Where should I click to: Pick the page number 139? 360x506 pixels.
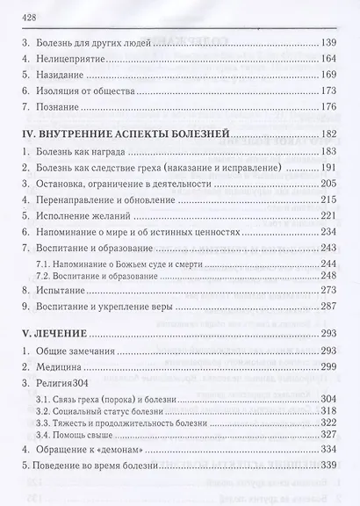(x=329, y=45)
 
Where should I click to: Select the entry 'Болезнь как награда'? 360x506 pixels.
(x=83, y=152)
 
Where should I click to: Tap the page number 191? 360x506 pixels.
(x=329, y=168)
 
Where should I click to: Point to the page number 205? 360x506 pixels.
(x=329, y=184)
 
